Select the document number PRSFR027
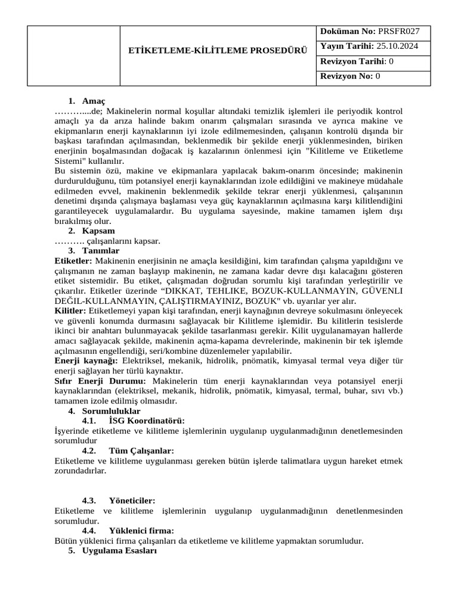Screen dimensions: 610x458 point(398,31)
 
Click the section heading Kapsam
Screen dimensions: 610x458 point(98,231)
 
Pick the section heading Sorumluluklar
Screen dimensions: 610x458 point(111,411)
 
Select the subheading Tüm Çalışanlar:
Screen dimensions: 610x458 point(141,451)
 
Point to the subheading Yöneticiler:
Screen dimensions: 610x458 point(132,501)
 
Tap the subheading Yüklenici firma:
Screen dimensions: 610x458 point(141,531)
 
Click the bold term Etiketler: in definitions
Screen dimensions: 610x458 point(73,261)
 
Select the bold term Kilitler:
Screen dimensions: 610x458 point(70,311)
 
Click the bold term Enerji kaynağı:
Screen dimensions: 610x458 point(86,361)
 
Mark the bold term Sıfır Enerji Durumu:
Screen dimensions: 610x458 point(100,381)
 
